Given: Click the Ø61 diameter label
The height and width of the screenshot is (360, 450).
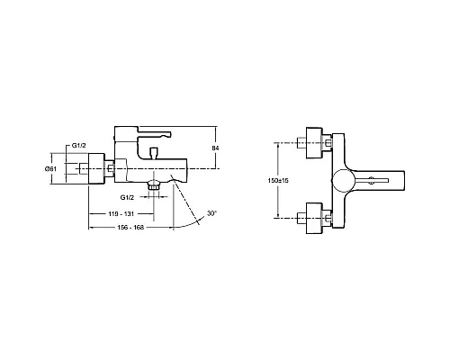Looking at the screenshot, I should click(52, 168).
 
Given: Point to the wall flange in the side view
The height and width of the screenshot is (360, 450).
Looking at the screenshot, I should click(88, 168).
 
